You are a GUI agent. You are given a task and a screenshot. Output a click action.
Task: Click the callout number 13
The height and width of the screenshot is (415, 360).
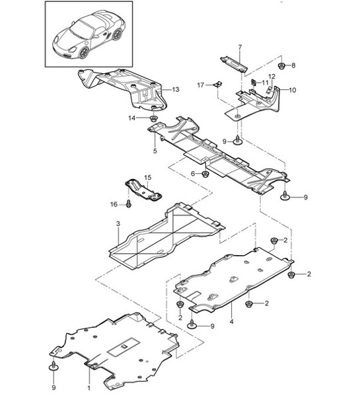coord(176,89)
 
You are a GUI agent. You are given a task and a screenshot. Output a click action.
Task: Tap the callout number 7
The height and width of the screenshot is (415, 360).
coord(240,47)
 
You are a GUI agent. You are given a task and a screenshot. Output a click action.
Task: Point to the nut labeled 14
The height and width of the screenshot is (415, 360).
coord(155,119)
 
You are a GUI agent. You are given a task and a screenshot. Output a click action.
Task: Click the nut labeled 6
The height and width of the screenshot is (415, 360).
coord(205,174)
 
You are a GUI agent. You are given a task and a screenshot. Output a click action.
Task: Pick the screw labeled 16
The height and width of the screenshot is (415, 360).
coord(129,205)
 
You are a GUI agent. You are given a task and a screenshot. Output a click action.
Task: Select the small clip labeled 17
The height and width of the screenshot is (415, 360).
coord(217,85)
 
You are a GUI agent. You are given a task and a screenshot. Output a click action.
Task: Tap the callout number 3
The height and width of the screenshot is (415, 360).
coord(117,225)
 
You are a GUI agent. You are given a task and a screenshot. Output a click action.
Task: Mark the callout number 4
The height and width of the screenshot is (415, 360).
coord(231,322)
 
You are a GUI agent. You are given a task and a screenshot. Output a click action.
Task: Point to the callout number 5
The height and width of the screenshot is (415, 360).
coord(154,151)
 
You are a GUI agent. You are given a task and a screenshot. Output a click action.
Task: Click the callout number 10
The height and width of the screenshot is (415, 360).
coord(293,90)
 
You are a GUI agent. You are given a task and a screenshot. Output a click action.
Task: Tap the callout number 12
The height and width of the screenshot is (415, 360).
coord(271,77)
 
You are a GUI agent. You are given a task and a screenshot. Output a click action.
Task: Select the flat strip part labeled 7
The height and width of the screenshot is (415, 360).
coord(233,61)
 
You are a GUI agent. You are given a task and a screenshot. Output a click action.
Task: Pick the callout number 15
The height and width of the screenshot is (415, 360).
coord(147,177)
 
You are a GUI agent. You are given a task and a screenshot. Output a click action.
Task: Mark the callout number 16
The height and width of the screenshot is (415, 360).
coord(114,205)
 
